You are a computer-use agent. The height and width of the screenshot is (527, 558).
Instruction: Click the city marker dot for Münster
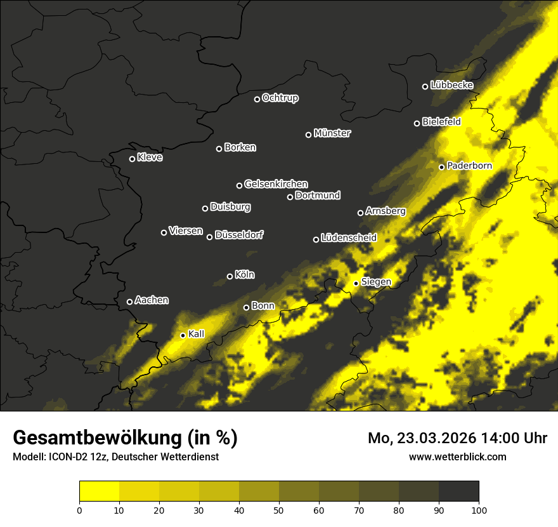tap(309, 135)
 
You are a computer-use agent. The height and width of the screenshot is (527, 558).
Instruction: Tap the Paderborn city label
tap(469, 166)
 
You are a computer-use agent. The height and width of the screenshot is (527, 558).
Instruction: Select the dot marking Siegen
tap(356, 283)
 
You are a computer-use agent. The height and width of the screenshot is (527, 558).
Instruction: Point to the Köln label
tap(245, 275)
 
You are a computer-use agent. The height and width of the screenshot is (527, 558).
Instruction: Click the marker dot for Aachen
tap(130, 302)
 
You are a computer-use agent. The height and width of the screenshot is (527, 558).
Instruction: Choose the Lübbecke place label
tap(451, 85)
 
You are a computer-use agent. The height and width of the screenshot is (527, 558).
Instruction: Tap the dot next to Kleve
tap(133, 159)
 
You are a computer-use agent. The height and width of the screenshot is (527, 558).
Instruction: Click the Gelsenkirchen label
tap(276, 184)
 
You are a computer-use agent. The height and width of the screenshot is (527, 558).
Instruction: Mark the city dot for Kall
tap(183, 335)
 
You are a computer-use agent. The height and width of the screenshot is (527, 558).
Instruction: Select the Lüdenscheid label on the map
tap(349, 238)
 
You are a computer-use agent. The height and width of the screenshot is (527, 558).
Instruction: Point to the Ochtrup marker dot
tap(257, 99)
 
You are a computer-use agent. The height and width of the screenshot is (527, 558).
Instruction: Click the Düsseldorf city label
tap(239, 235)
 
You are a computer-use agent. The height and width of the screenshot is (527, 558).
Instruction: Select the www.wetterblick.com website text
tap(458, 457)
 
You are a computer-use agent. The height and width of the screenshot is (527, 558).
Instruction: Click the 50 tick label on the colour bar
tap(279, 509)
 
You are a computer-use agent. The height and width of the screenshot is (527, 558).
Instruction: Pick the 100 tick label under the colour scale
tap(479, 509)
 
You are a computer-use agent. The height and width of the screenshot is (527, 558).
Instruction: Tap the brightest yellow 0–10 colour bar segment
tap(100, 491)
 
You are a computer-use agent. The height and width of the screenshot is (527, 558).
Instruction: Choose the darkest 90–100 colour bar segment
tap(458, 491)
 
